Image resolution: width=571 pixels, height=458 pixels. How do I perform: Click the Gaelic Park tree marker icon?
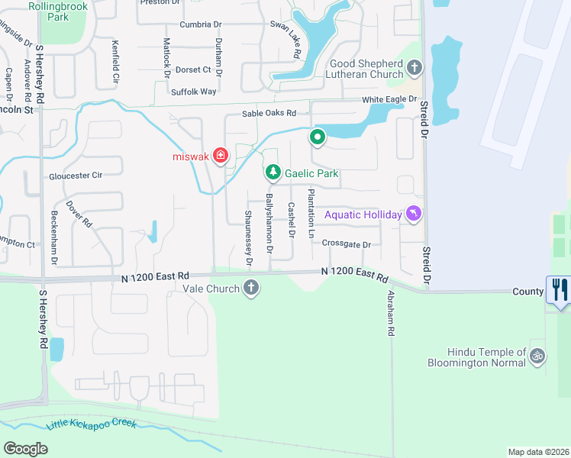tap(273, 173)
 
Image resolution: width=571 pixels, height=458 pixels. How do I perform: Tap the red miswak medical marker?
tap(221, 156)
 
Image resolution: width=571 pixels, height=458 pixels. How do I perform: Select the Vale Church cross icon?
tap(251, 289)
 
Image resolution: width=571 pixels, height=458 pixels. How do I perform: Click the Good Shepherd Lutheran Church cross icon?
tap(415, 69)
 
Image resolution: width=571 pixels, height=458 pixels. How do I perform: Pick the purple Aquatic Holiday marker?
tap(414, 214)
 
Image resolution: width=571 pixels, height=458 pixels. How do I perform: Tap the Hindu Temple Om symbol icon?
tap(537, 356)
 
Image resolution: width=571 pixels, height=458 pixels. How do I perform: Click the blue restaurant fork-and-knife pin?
tap(558, 290)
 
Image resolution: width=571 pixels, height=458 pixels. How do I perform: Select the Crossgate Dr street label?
tap(346, 244)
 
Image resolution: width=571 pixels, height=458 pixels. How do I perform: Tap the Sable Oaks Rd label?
tap(268, 114)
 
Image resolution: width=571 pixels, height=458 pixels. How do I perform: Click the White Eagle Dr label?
tap(389, 99)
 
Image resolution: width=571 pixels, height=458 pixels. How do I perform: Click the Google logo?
tap(25, 448)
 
